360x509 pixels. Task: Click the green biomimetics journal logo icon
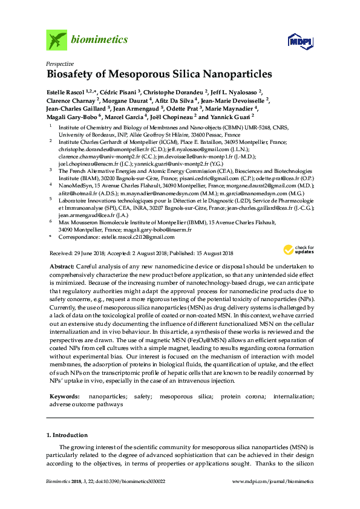(56, 41)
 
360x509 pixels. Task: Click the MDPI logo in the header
(296, 41)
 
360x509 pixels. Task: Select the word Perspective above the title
(60, 63)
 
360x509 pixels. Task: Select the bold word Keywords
(64, 395)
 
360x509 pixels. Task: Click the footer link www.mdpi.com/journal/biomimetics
(273, 482)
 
